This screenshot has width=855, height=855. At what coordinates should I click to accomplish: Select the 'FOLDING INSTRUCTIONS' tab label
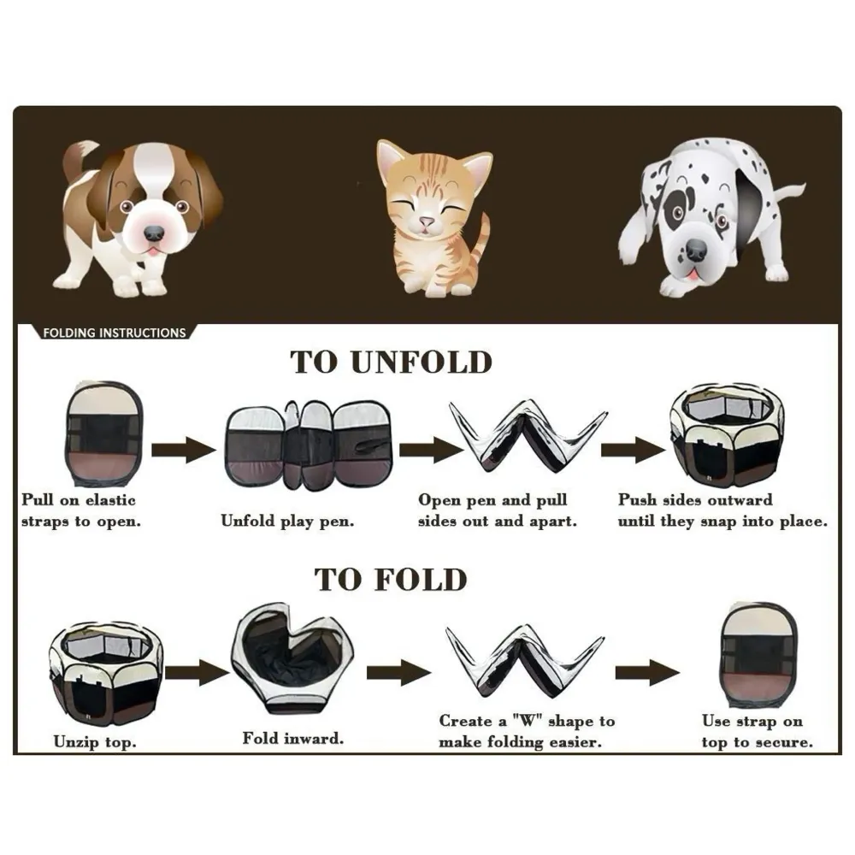click(114, 333)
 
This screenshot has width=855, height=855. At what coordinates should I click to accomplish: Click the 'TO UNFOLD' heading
click(392, 362)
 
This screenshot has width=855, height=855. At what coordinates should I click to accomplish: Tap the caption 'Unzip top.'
click(93, 741)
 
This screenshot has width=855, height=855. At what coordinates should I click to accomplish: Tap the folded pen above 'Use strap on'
click(756, 656)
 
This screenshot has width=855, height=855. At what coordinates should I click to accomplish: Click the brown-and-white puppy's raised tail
click(75, 160)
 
